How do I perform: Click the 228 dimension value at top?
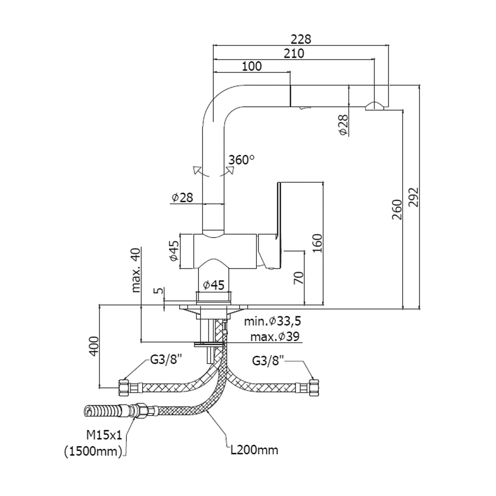click(x=301, y=39)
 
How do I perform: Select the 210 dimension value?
click(x=294, y=53)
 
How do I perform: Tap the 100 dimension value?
click(x=252, y=66)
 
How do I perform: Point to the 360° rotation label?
click(x=242, y=160)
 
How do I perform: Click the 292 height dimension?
click(x=413, y=197)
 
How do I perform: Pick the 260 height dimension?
click(x=397, y=210)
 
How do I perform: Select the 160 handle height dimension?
click(x=317, y=243)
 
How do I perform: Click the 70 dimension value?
click(x=298, y=278)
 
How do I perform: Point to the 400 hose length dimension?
click(x=95, y=346)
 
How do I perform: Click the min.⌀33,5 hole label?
click(x=272, y=321)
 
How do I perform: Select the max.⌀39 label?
click(x=274, y=337)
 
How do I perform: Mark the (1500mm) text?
click(x=93, y=451)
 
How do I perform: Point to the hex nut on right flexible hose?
click(x=313, y=388)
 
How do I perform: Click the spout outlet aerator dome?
click(x=374, y=105)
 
